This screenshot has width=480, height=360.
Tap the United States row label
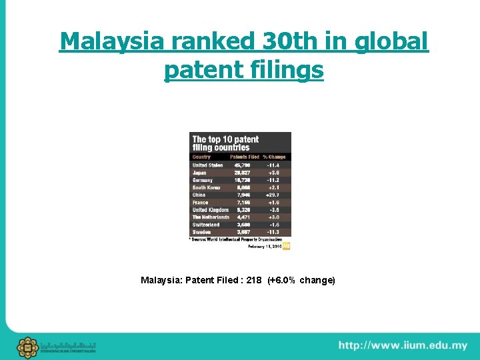(x=207, y=165)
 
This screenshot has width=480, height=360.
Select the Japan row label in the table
(x=199, y=173)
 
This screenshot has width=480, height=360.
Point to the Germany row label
(x=203, y=180)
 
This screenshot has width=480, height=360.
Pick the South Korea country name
(x=206, y=187)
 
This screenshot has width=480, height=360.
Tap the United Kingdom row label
(x=210, y=210)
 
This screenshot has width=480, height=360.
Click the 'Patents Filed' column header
(x=243, y=157)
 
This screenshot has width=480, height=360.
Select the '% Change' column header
(x=274, y=157)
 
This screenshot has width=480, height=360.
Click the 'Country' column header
(x=201, y=157)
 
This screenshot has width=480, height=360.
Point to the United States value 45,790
(x=241, y=165)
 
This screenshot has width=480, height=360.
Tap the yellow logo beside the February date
(x=287, y=246)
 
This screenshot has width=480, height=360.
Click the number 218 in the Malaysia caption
(x=253, y=280)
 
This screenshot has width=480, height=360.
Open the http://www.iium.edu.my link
(x=403, y=345)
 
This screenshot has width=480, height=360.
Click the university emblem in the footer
(x=28, y=347)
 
